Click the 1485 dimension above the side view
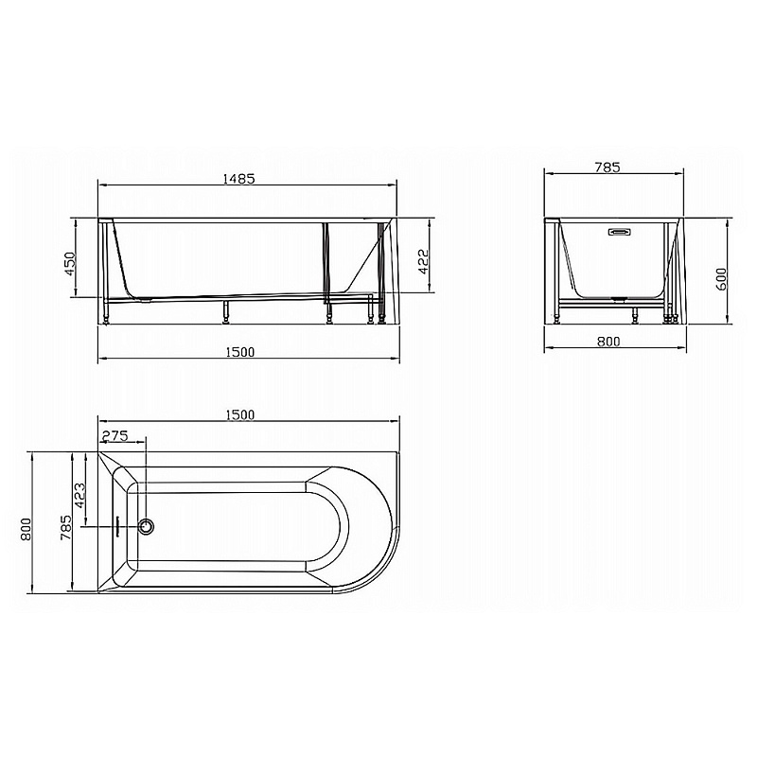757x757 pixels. [x=238, y=179]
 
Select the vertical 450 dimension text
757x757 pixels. [x=70, y=264]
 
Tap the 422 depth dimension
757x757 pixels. [x=423, y=262]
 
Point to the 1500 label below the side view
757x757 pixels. [x=240, y=352]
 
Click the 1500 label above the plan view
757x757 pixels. [x=240, y=414]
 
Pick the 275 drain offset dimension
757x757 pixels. [x=114, y=435]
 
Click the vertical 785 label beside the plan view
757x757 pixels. [x=65, y=527]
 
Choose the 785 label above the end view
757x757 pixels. [x=607, y=167]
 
